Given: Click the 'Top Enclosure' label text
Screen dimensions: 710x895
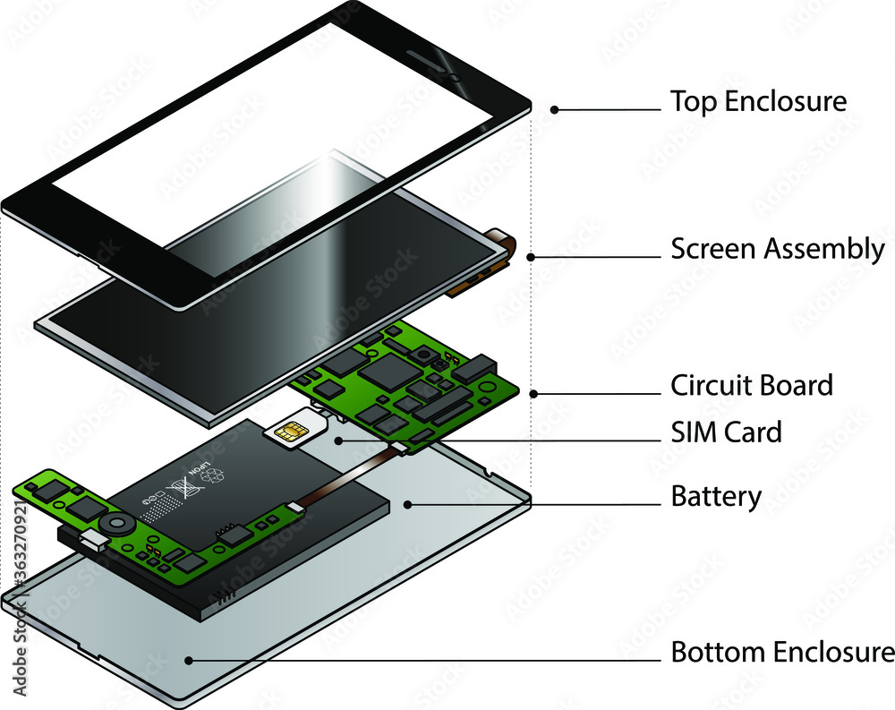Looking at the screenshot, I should click(x=758, y=101).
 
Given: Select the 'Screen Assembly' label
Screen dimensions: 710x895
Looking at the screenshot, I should click(x=778, y=249).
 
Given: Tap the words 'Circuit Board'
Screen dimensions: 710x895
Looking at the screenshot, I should click(x=752, y=386).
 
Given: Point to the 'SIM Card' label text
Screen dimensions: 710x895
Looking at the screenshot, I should click(x=726, y=432).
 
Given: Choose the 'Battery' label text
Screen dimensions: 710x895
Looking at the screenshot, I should click(x=716, y=496).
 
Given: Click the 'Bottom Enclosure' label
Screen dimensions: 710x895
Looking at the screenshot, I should click(x=782, y=652).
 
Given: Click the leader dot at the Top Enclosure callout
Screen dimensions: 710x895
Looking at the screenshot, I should click(x=555, y=109).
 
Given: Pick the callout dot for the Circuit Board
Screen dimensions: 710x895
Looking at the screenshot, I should click(x=533, y=393).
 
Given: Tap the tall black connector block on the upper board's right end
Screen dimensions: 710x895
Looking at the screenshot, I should click(x=476, y=365).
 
